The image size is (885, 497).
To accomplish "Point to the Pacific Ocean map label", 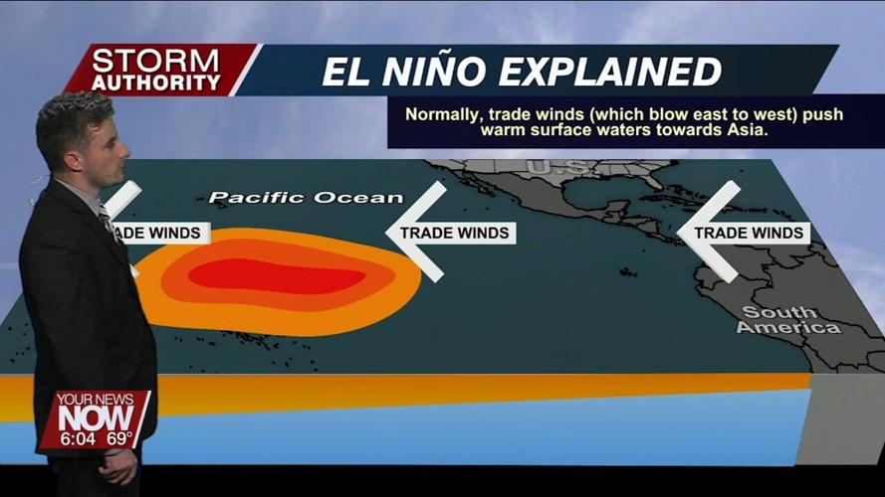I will [x=306, y=198].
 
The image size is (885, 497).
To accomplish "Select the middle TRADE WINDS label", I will [x=454, y=234].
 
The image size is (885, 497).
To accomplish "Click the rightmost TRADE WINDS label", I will [x=749, y=234].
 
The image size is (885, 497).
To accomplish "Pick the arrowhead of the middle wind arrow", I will [x=398, y=234].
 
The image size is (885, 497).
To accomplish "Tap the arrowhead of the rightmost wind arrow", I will [x=690, y=234].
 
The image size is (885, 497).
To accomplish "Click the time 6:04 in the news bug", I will [x=78, y=437].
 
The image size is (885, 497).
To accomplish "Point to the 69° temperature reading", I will [x=120, y=437].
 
